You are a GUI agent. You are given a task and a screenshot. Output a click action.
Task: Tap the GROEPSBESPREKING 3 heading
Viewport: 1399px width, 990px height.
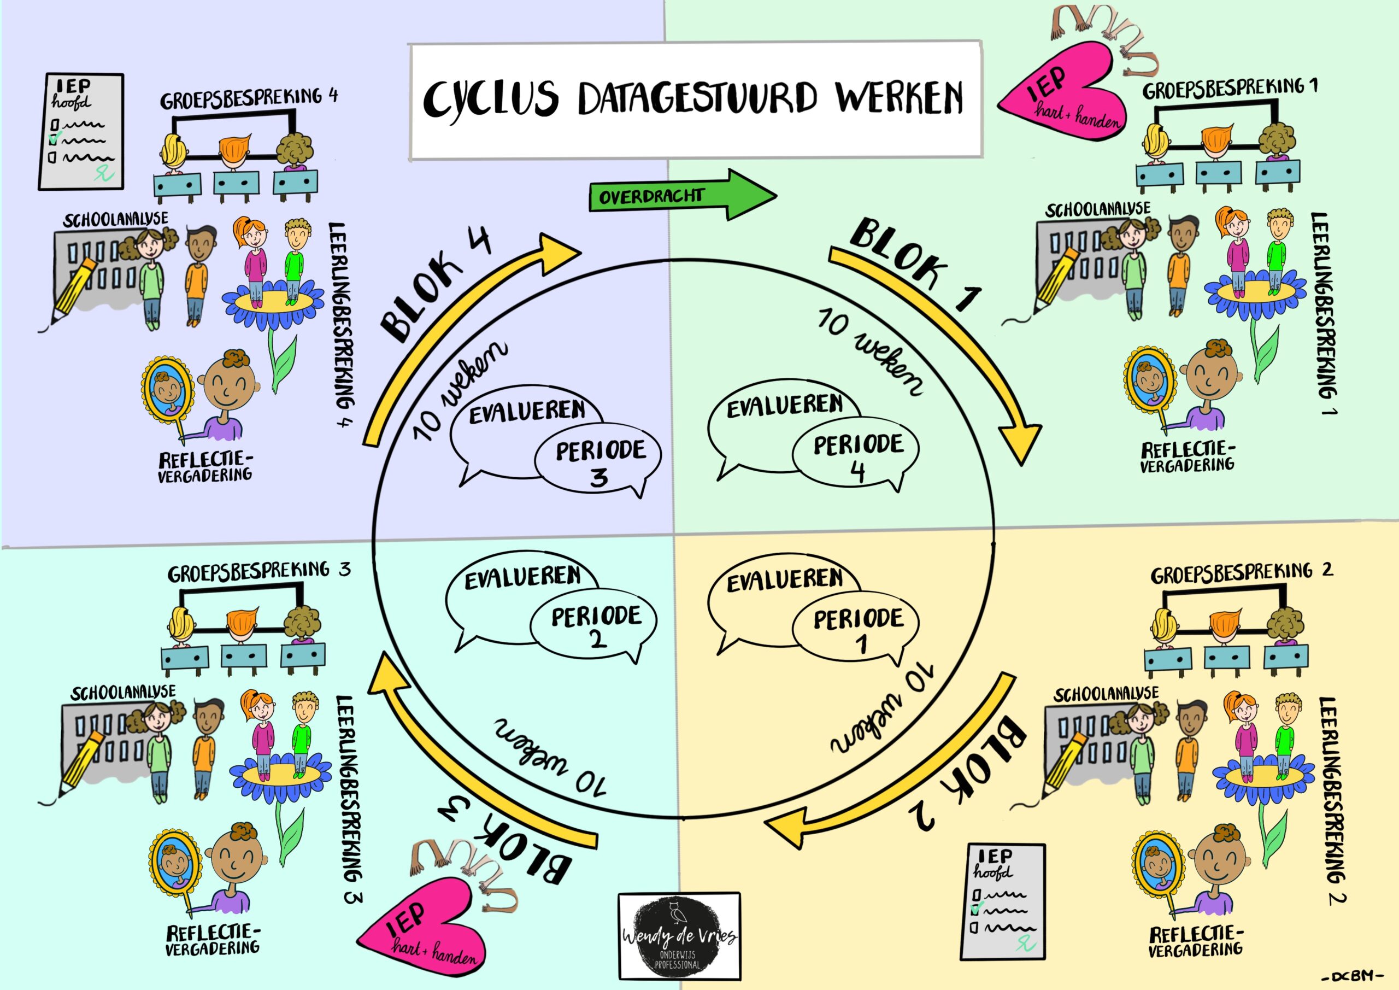click(259, 573)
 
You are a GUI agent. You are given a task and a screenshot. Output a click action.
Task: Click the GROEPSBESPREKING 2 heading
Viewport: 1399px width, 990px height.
click(1240, 573)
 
